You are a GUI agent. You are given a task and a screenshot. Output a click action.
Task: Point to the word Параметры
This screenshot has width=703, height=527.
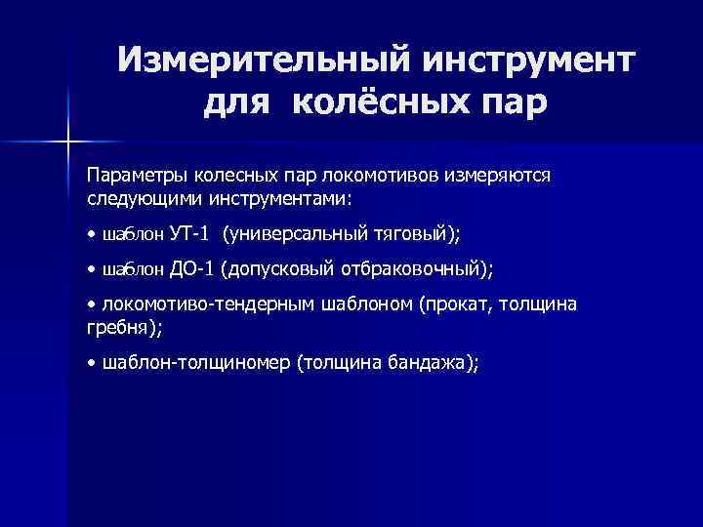[x=132, y=175]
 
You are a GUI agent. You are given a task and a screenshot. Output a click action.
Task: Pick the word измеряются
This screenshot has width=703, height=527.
[x=497, y=175]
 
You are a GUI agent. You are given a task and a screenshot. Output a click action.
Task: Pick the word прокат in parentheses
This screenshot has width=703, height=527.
[x=457, y=305]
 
